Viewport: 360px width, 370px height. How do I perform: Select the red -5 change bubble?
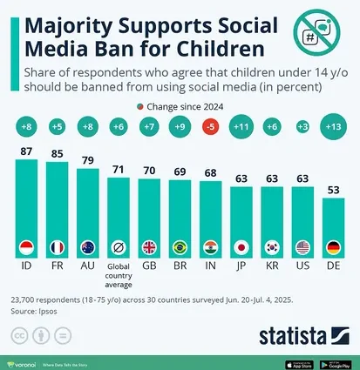(209, 128)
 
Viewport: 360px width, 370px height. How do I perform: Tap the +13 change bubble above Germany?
(333, 128)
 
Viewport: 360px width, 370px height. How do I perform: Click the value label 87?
(27, 151)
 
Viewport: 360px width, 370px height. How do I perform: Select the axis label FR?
(58, 261)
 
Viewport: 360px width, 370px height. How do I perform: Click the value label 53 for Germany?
(332, 191)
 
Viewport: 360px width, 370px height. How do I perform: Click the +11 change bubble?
(241, 128)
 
